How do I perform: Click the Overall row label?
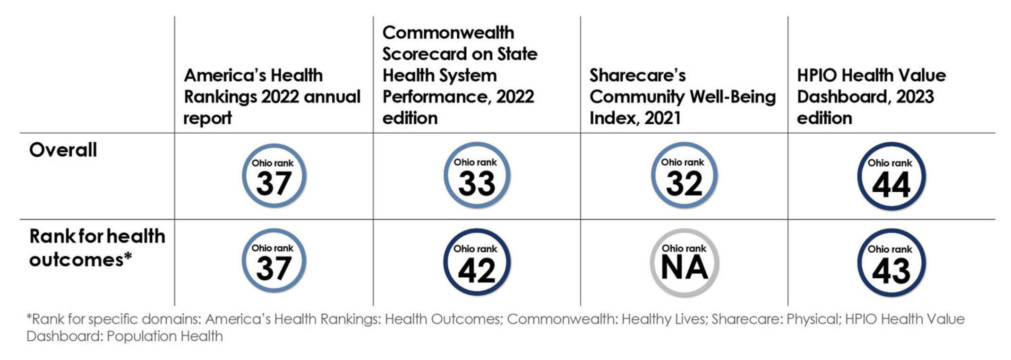(63, 150)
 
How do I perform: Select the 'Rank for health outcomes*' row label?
(97, 248)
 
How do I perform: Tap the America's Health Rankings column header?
(272, 96)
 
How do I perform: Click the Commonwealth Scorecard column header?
(460, 75)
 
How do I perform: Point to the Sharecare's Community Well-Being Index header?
(682, 96)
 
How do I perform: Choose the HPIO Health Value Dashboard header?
(871, 96)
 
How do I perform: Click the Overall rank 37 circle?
(274, 176)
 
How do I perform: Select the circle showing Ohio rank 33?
(476, 176)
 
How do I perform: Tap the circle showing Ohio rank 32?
(684, 176)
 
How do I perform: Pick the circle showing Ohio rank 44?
(891, 176)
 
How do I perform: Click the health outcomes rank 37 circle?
(274, 261)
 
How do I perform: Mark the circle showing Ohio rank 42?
(476, 263)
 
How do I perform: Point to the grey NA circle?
(684, 263)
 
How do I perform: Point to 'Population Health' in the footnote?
(165, 336)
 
